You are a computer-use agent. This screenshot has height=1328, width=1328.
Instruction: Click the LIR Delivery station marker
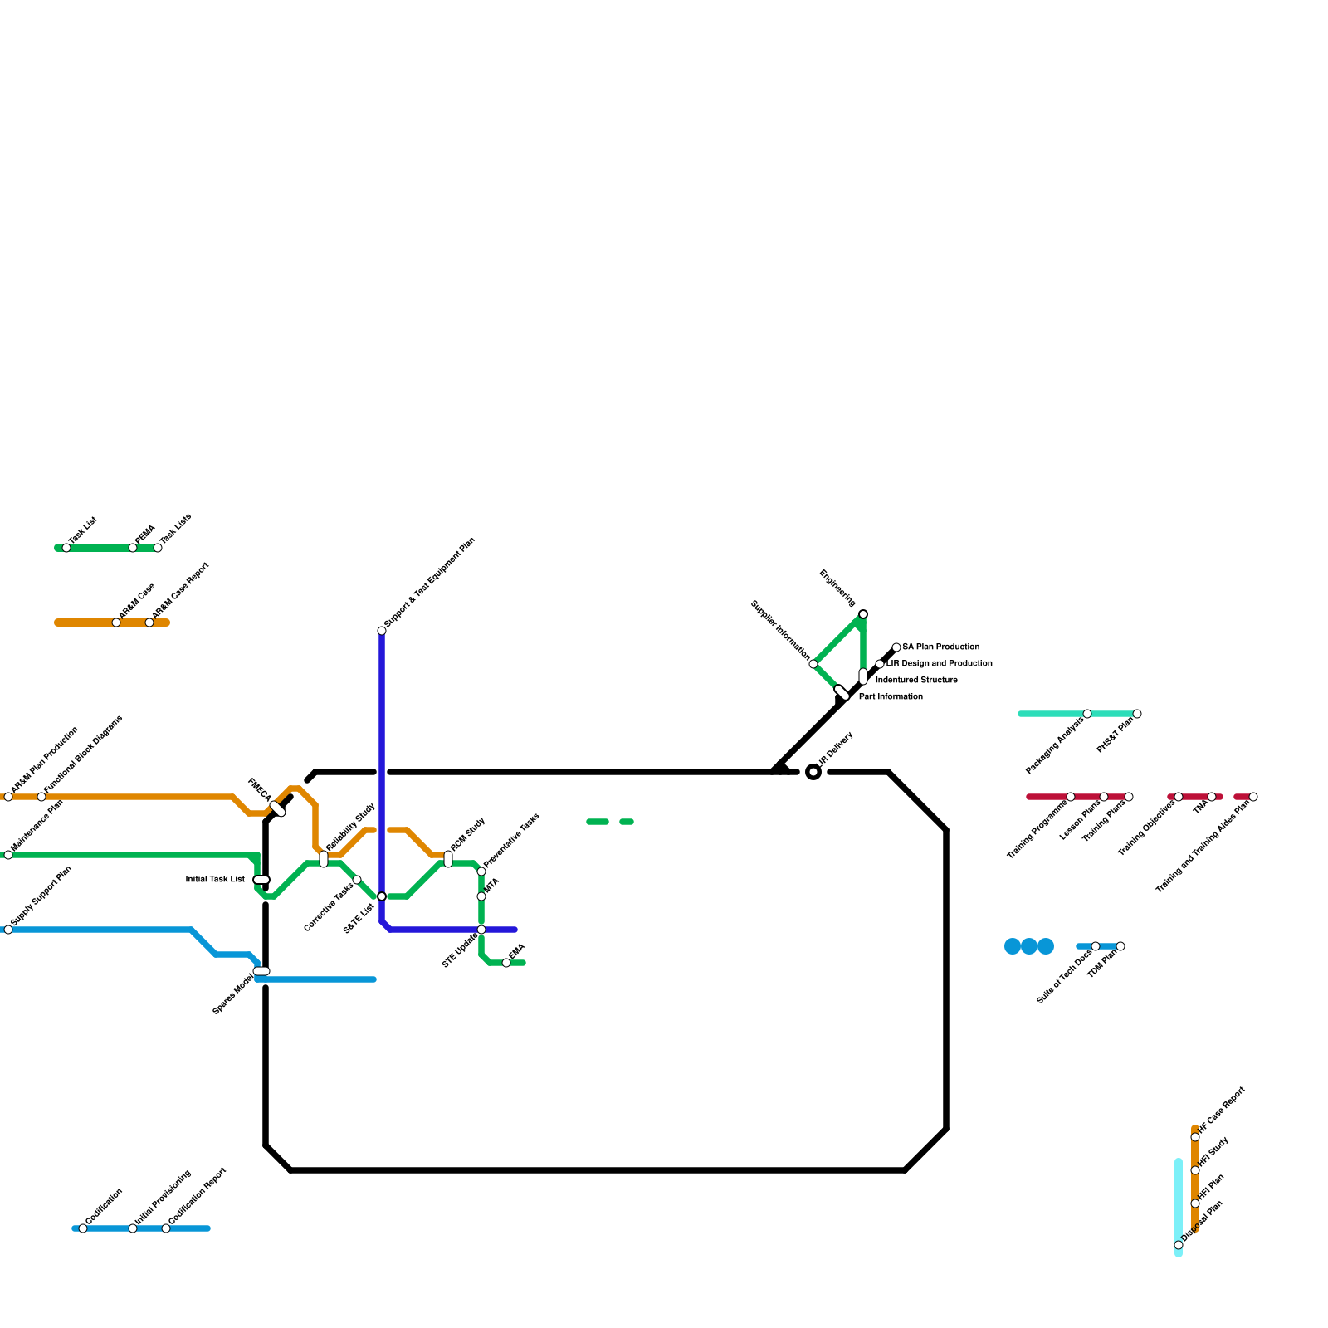point(813,773)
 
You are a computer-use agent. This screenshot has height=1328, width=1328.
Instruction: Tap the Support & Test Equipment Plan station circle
point(382,631)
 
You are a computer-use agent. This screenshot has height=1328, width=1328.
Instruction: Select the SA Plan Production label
point(940,647)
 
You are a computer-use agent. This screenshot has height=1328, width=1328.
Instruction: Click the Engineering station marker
point(863,614)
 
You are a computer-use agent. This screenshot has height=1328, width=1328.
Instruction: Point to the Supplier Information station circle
point(813,664)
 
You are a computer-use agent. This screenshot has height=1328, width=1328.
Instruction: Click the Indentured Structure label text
point(916,681)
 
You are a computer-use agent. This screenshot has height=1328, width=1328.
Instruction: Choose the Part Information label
point(891,697)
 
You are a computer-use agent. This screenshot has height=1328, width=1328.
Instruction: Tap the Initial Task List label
point(215,880)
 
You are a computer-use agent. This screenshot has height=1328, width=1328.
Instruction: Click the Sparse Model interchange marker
point(261,971)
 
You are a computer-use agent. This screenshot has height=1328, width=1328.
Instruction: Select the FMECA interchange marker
point(278,808)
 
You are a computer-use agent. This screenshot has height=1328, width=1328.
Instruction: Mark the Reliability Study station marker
point(324,859)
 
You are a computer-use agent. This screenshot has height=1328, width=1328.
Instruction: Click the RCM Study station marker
point(448,859)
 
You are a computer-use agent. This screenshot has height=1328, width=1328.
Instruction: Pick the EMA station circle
point(506,963)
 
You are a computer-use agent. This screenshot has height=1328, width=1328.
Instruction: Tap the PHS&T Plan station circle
point(1137,714)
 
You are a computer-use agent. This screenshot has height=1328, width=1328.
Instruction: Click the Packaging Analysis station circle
point(1087,714)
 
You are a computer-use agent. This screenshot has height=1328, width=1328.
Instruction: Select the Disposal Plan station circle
point(1179,1245)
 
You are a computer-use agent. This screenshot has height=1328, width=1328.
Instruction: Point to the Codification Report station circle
point(166,1228)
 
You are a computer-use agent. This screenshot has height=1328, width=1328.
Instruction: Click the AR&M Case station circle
point(116,622)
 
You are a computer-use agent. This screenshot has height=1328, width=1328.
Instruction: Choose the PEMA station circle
point(133,548)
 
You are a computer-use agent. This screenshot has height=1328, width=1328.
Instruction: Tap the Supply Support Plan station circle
point(8,930)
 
